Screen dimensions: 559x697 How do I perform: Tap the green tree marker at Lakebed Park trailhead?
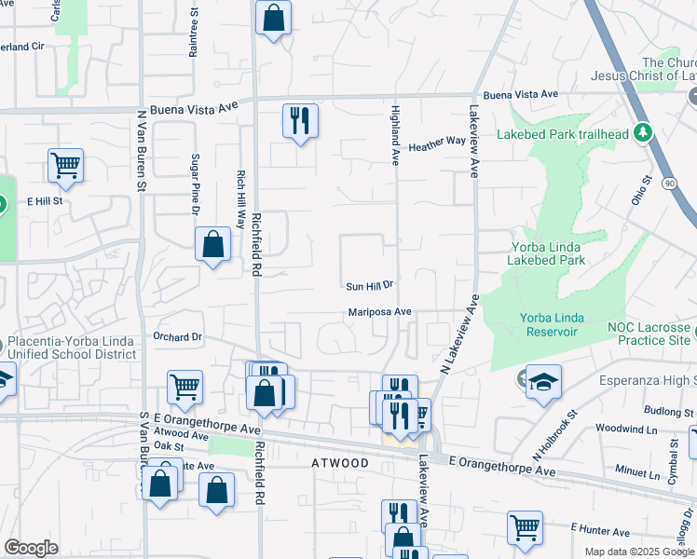pos(642,133)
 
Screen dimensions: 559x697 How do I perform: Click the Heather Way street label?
pos(437,143)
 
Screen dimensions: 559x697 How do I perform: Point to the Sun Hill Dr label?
pos(371,287)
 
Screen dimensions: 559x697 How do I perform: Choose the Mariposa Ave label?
pos(380,312)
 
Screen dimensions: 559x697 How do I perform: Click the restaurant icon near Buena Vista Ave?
pos(300,120)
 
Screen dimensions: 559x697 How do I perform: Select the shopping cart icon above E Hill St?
pos(65,166)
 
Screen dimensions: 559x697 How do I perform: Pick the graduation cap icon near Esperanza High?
pos(543,382)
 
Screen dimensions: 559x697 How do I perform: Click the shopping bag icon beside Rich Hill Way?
pos(213,245)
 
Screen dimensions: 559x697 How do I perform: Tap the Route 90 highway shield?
pos(669,184)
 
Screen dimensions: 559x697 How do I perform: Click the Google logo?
pos(31,548)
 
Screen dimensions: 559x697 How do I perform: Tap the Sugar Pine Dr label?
pos(197,185)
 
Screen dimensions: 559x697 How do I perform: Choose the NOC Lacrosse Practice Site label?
pos(649,334)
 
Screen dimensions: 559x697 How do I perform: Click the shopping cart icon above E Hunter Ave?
pos(525,527)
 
